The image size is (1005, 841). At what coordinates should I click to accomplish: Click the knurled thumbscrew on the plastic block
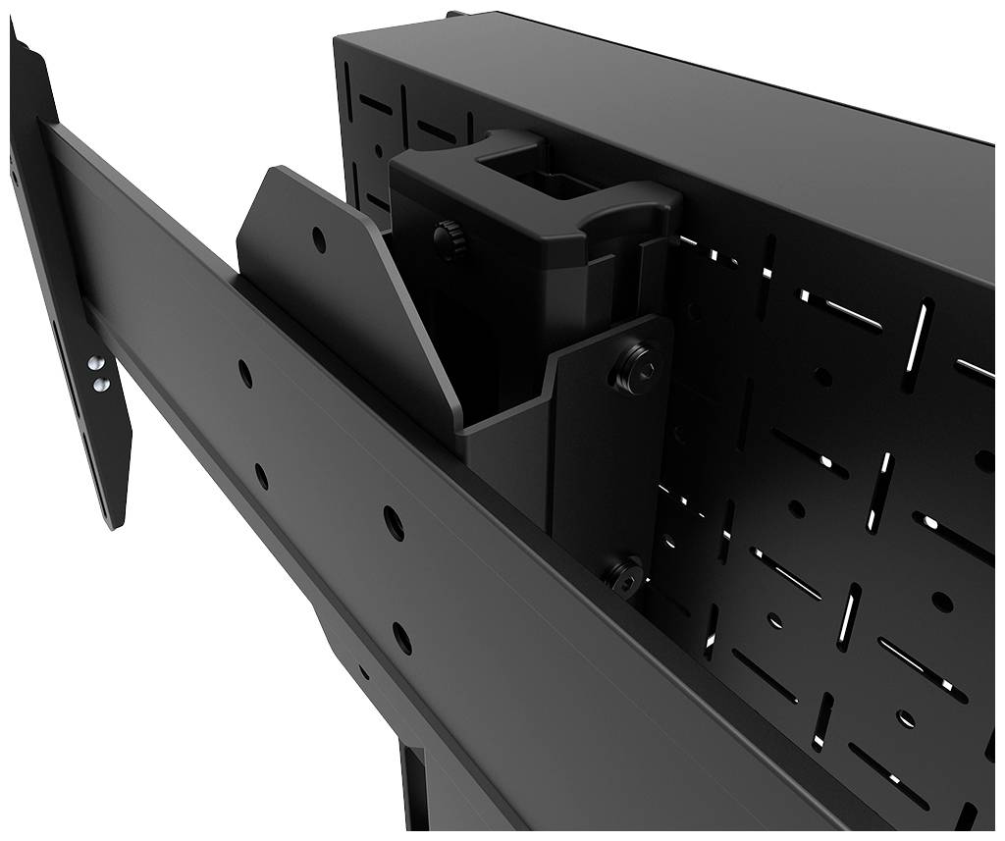point(450,238)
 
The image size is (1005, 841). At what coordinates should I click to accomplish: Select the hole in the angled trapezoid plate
point(319,238)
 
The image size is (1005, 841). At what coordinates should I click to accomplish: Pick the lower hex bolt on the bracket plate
point(625,575)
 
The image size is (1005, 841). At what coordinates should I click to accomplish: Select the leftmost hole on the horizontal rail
point(244,373)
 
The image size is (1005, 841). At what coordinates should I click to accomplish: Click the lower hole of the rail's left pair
point(261,476)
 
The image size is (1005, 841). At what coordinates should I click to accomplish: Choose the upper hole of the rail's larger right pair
point(393,522)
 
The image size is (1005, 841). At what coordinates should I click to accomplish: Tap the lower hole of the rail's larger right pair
point(401,638)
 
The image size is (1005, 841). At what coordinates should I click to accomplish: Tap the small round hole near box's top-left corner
point(379,151)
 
